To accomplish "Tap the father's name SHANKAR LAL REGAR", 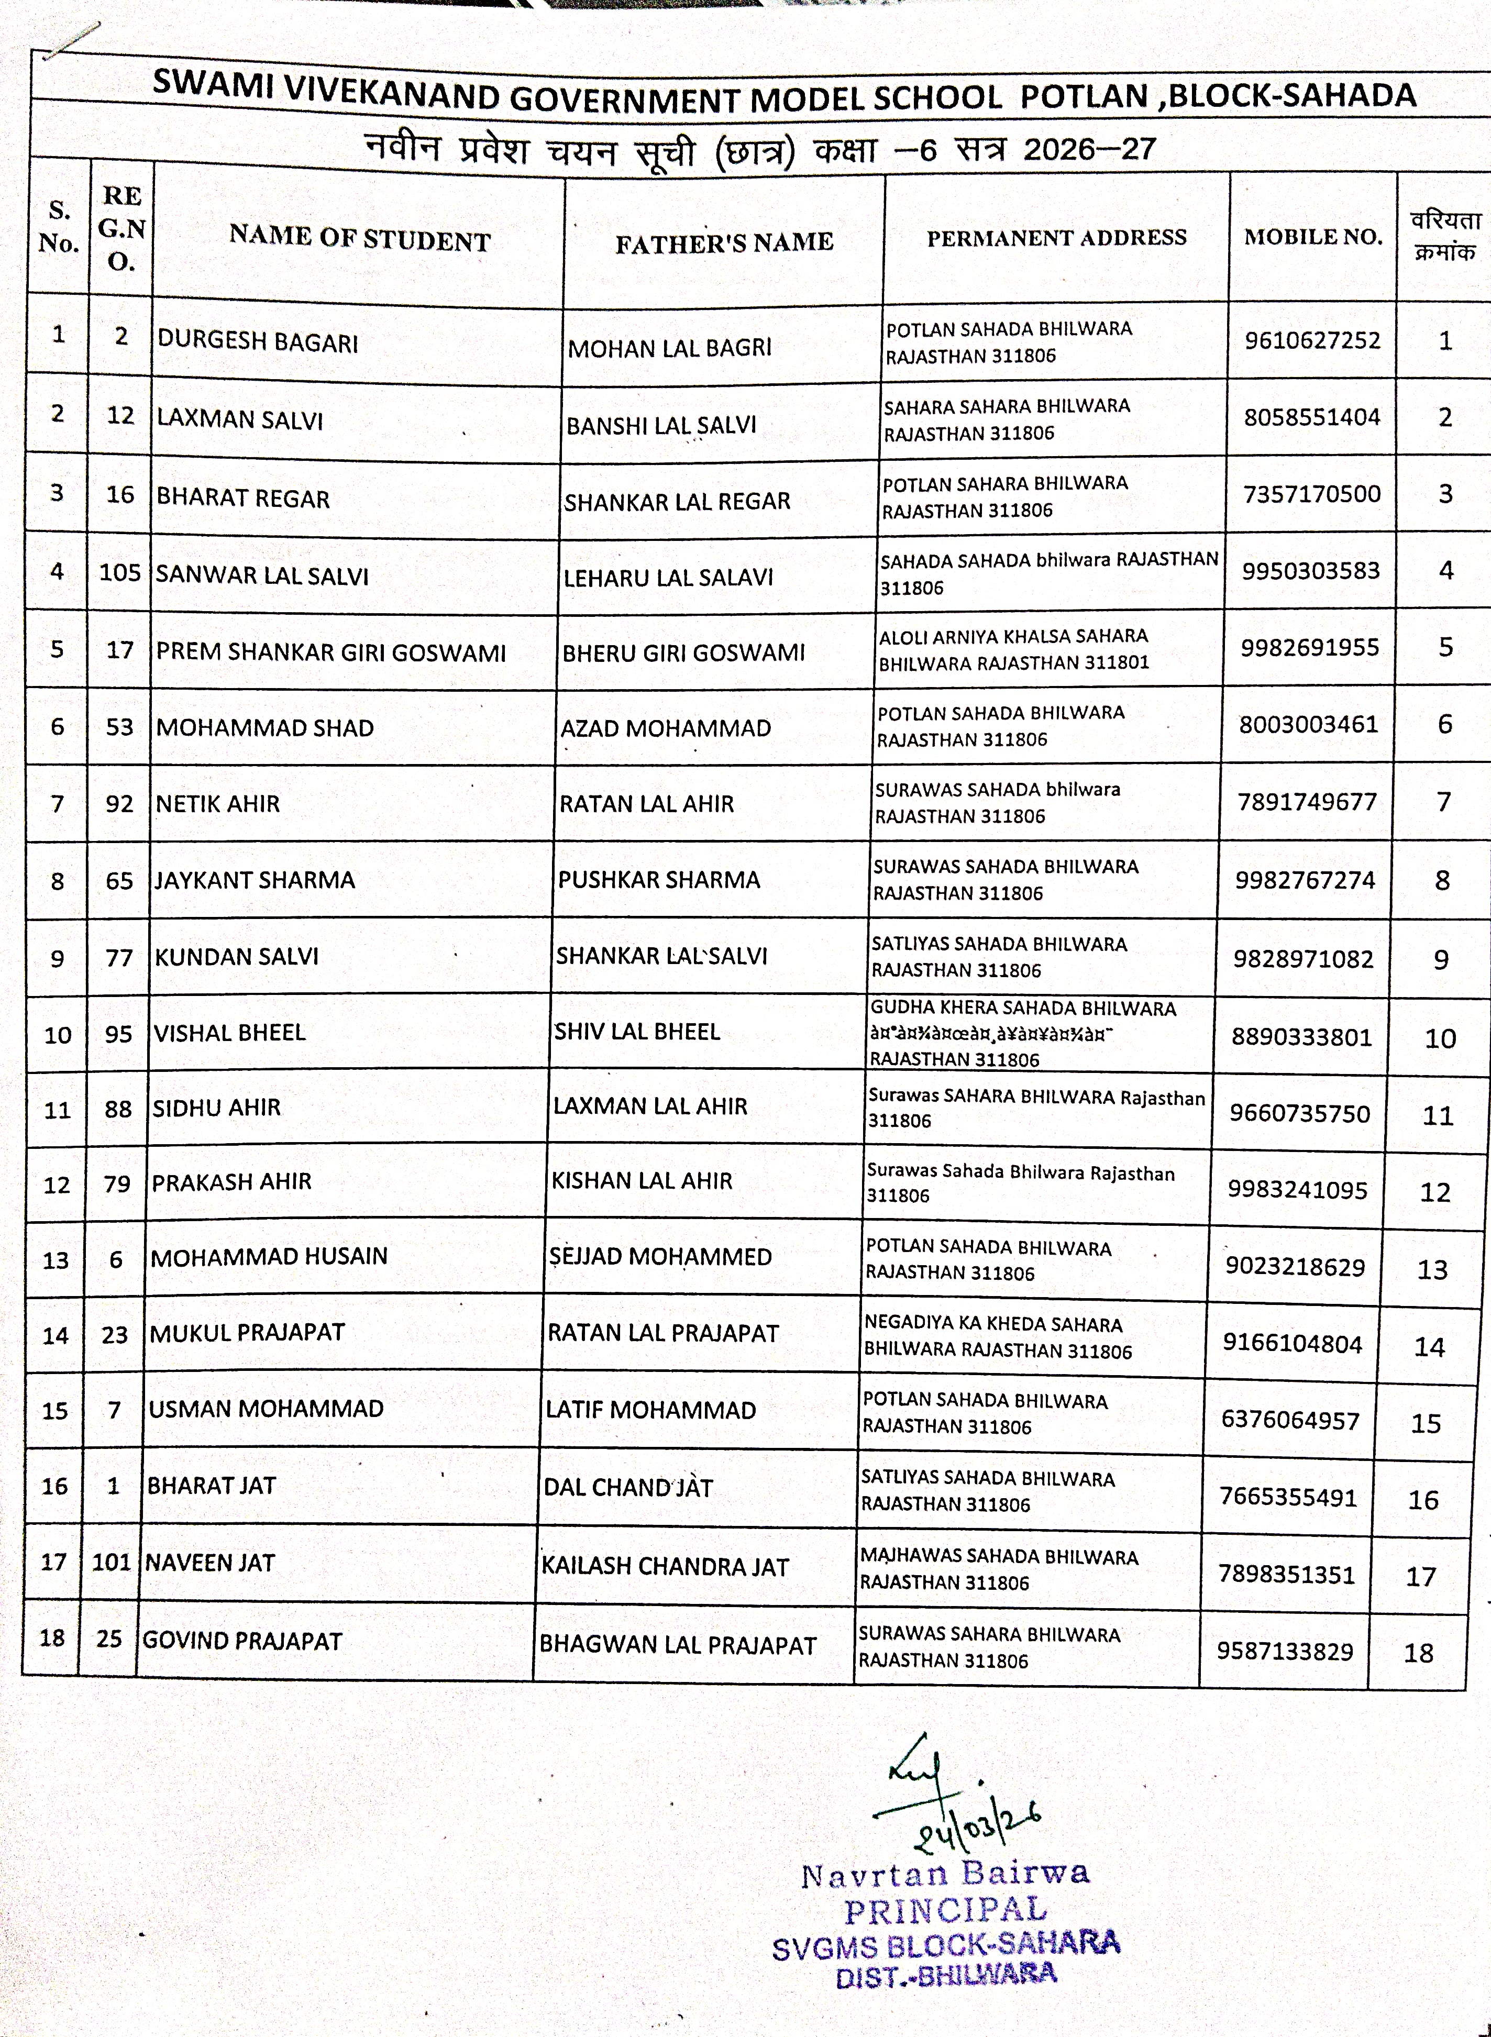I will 677,501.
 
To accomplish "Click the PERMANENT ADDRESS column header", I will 1056,237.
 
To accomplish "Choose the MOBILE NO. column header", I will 1312,237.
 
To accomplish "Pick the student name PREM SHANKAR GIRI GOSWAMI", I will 330,651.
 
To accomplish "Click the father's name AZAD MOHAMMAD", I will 665,727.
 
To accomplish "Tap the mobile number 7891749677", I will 1307,801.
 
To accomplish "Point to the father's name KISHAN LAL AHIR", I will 642,1180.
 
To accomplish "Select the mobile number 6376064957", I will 1290,1420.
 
